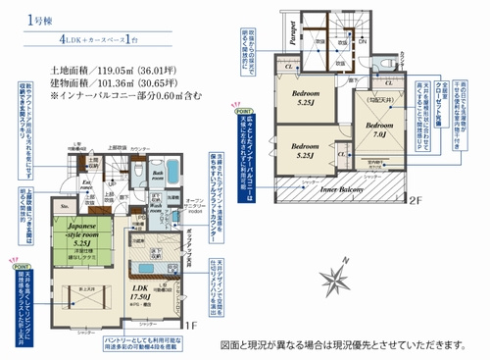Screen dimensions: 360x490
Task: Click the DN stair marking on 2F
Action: (x=362, y=42)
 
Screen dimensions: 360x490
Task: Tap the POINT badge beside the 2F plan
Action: (x=240, y=113)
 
